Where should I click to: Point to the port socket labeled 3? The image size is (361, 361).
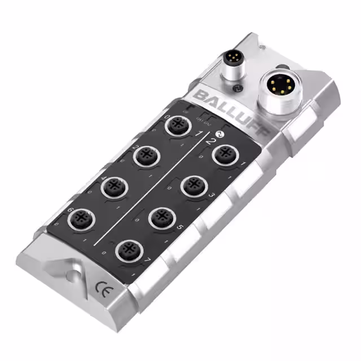(x=192, y=186)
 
